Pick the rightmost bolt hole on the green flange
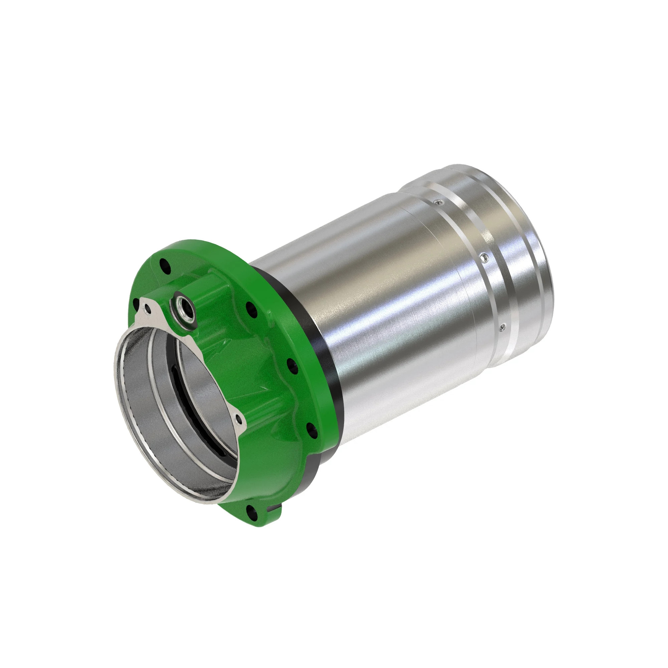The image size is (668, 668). (x=312, y=431)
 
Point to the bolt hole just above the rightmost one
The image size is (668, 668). (x=293, y=366)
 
